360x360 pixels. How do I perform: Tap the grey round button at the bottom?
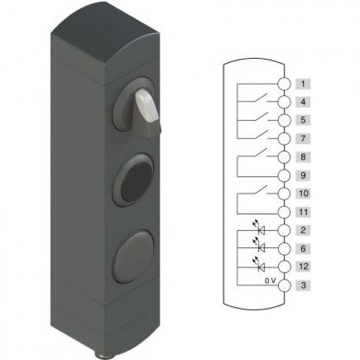click(133, 256)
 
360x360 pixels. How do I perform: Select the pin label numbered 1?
click(303, 84)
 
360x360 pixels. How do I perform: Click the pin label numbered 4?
click(303, 102)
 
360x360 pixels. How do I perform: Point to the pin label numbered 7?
click(303, 139)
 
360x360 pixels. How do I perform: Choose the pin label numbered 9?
click(303, 176)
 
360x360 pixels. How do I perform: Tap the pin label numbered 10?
click(303, 194)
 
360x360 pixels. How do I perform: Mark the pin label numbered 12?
click(303, 266)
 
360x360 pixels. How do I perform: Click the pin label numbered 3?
click(303, 285)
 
